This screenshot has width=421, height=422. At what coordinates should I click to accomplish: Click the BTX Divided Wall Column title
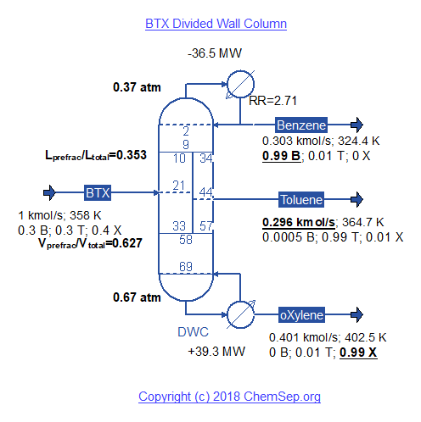(x=216, y=24)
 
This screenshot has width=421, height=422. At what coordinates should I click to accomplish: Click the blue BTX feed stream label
(x=98, y=193)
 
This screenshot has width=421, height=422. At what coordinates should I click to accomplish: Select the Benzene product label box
(x=301, y=125)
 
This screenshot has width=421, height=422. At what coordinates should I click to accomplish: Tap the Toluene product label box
(x=301, y=199)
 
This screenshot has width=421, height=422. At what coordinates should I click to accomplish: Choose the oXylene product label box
(x=301, y=314)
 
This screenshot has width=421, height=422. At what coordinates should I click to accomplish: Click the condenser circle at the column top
(x=240, y=84)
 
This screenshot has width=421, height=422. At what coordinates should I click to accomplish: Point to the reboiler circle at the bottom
(x=240, y=314)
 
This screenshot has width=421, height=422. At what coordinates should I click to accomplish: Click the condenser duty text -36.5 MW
(x=215, y=53)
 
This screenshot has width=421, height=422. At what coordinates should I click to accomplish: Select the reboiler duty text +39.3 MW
(x=216, y=352)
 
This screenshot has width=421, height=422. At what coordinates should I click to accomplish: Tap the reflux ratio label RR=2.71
(x=272, y=101)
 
